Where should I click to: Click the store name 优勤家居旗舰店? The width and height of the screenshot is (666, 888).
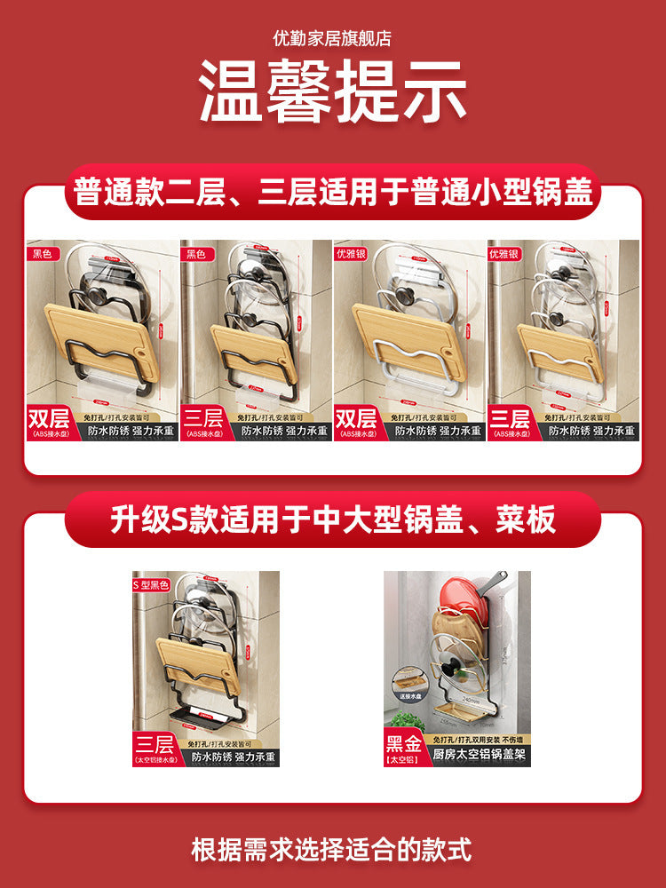332,39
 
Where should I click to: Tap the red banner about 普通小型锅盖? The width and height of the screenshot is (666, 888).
332,192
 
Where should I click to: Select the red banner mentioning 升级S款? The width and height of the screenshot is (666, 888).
332,519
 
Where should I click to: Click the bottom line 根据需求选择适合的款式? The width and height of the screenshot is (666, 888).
332,849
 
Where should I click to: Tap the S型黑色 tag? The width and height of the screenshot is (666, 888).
152,584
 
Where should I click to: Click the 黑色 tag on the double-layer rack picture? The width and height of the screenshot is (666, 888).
43,253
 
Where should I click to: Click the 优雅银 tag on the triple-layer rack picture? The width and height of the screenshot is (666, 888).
504,253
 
